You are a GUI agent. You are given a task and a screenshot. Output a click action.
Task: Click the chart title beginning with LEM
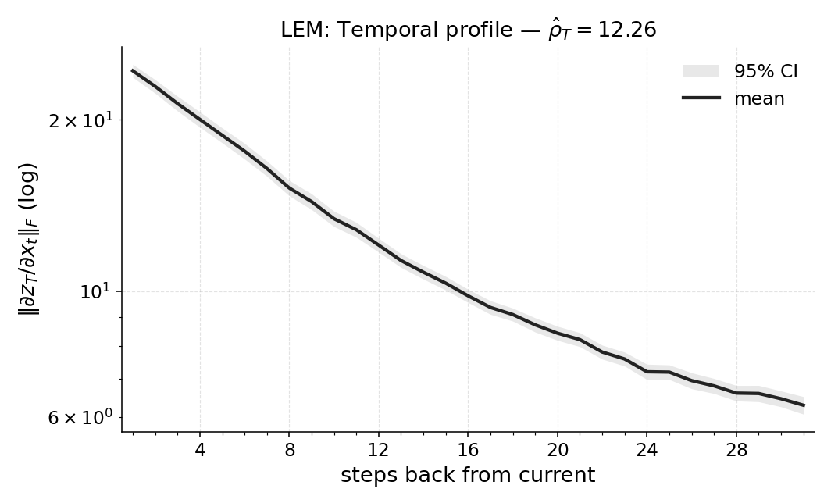468,30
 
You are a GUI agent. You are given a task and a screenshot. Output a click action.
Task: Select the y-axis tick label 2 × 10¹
80,121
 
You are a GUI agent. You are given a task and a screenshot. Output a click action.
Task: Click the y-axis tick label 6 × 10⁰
80,418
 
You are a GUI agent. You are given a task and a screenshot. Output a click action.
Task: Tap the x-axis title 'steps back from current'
468,475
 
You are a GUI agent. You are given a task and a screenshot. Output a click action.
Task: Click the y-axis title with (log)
28,239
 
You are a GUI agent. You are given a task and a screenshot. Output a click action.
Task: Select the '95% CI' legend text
765,71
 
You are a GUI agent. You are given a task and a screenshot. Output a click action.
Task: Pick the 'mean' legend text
759,98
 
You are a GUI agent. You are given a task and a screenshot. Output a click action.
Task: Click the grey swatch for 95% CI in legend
701,71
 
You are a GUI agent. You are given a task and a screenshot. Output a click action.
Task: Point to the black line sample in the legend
701,98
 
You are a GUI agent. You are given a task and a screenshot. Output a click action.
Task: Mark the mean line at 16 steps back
468,295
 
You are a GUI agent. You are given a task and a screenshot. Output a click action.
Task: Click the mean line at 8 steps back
289,187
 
